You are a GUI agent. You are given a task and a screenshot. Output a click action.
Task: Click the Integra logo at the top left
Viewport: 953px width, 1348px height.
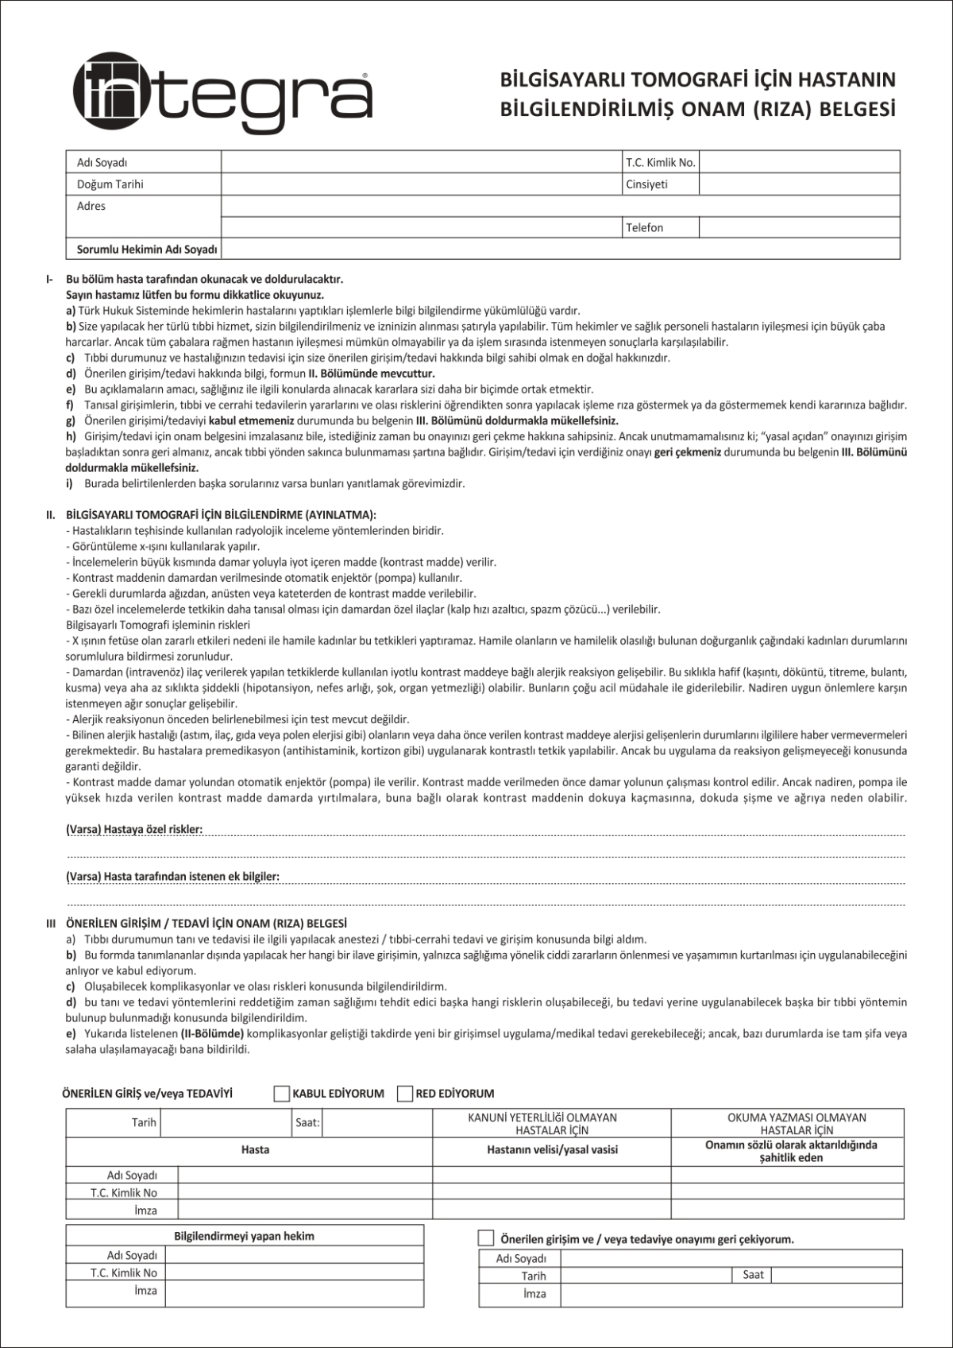(222, 94)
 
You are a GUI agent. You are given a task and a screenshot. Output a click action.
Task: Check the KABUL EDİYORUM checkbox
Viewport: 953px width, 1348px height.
(281, 1094)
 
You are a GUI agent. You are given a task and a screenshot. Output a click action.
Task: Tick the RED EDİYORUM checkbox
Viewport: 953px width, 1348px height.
(405, 1094)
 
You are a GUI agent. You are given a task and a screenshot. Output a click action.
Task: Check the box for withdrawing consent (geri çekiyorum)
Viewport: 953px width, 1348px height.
(486, 1238)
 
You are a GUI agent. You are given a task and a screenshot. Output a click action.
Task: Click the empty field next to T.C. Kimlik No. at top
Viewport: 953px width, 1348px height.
(799, 162)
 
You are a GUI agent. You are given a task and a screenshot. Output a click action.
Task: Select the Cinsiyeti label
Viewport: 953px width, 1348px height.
(646, 184)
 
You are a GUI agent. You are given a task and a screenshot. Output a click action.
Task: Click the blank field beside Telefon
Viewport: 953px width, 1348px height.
(799, 228)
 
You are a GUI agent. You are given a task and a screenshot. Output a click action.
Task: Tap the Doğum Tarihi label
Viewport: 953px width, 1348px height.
(110, 184)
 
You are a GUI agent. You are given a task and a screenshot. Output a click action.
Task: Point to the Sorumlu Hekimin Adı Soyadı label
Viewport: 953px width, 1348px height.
(147, 250)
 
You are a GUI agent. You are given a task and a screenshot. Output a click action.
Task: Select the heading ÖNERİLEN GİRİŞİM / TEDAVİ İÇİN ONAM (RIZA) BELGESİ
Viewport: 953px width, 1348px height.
(206, 924)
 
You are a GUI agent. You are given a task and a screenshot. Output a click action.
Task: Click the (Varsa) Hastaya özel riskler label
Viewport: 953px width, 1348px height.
(134, 830)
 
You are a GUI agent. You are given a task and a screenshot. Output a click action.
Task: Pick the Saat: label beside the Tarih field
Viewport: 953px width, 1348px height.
(307, 1123)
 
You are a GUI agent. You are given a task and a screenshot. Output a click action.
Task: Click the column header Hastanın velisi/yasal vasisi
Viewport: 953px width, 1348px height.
(552, 1149)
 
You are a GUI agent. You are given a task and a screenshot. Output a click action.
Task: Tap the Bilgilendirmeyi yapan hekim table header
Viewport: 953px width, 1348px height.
(244, 1236)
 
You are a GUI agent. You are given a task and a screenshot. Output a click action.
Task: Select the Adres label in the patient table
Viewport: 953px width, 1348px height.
(91, 206)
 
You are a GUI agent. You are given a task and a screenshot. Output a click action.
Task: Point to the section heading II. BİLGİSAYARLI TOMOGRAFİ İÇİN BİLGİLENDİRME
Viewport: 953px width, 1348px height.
(221, 515)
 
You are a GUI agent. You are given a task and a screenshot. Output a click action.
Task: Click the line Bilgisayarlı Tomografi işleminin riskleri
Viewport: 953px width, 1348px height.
(158, 625)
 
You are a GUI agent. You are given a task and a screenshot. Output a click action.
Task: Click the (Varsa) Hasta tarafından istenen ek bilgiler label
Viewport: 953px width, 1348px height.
(172, 877)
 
